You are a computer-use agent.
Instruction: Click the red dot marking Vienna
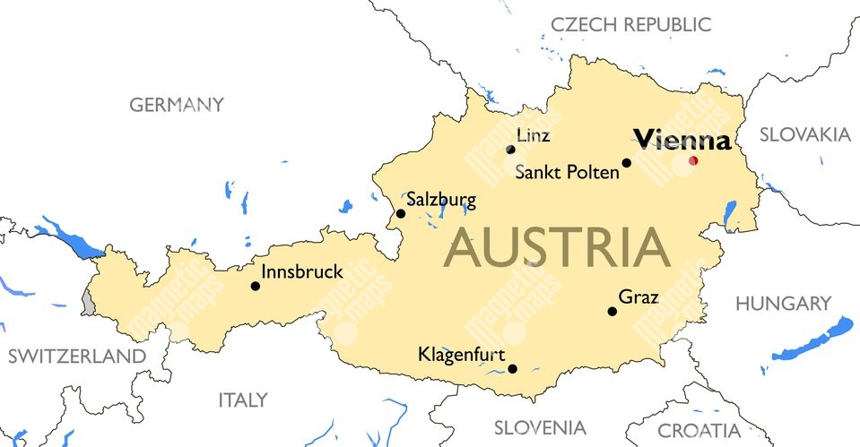[x=692, y=161]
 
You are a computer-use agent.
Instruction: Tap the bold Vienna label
[x=682, y=140]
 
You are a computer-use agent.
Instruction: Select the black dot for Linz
[x=510, y=150]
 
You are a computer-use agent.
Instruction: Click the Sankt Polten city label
[x=567, y=172]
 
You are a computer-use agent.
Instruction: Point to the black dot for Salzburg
[x=401, y=213]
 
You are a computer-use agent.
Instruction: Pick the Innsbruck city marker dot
[x=256, y=287]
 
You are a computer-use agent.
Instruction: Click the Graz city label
[x=638, y=297]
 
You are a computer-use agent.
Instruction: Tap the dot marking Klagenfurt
[x=512, y=368]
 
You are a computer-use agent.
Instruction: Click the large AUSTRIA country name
[x=557, y=248]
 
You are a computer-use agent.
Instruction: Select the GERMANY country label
[x=177, y=105]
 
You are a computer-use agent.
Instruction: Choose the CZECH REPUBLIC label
[x=631, y=24]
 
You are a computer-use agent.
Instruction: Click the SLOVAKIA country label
[x=805, y=134]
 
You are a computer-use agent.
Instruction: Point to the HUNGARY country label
[x=783, y=304]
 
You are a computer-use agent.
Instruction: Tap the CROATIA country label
[x=699, y=431]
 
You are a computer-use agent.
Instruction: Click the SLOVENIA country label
[x=539, y=427]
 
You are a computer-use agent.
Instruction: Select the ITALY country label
[x=243, y=400]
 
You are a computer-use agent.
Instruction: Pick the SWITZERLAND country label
[x=76, y=357]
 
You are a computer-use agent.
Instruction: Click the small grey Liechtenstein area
[x=87, y=301]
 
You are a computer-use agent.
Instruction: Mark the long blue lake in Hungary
[x=812, y=340]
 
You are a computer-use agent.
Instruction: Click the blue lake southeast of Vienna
[x=730, y=214]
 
